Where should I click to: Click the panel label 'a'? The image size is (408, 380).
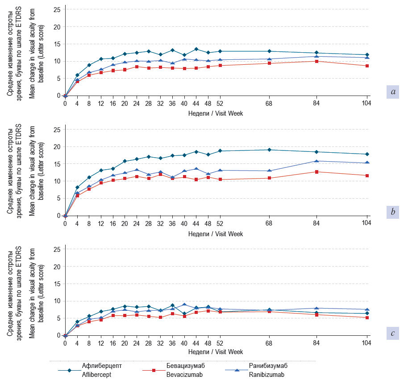pos(393,92)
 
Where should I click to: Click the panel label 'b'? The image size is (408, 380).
pos(393,212)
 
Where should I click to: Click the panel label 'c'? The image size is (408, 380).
pos(393,332)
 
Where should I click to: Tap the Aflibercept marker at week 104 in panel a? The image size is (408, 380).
pos(367,55)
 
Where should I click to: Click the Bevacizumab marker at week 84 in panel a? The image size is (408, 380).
pos(316,61)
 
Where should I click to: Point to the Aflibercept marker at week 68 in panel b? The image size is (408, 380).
pos(269,150)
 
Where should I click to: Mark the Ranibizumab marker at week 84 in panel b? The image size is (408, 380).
pos(316,161)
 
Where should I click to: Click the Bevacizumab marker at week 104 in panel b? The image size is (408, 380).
pos(367,175)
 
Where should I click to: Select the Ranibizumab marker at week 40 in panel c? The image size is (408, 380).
pos(184,305)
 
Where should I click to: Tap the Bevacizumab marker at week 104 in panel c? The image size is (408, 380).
pos(367,317)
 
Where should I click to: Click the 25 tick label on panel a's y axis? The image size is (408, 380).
pos(57,9)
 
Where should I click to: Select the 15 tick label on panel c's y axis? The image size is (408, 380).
pos(57,284)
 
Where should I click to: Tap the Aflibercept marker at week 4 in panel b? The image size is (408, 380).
pos(77,188)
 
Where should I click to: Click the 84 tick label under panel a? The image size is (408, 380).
pos(316,104)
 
